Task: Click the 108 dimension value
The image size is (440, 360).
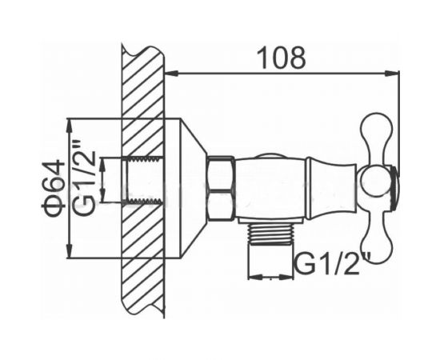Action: click(x=281, y=58)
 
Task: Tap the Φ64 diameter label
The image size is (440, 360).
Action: click(x=54, y=188)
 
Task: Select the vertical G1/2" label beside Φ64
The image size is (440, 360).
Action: click(x=85, y=178)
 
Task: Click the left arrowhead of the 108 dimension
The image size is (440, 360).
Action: click(x=171, y=74)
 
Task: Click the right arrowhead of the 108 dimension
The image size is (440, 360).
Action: click(x=392, y=74)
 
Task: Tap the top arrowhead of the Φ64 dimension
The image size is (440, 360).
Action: click(x=69, y=126)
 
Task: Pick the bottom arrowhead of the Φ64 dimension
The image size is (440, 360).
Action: click(x=69, y=251)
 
